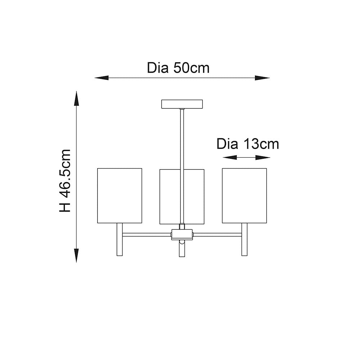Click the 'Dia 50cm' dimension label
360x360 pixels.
(178, 68)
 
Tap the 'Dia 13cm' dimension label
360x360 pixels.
(248, 144)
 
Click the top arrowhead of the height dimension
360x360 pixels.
(76, 98)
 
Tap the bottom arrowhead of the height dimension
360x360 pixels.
(76, 255)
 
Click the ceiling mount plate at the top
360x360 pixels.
(182, 104)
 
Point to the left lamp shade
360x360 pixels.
(120, 195)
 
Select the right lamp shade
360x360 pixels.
(244, 195)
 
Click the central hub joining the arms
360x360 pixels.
(182, 234)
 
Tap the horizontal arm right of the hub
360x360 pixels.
(217, 235)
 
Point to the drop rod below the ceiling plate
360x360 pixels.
(182, 137)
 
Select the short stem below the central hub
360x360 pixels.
(182, 249)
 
